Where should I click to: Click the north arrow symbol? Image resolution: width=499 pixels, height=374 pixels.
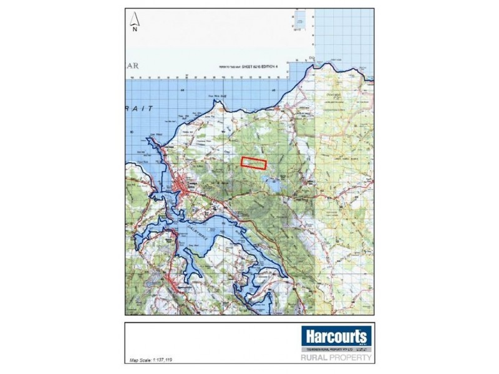pos(135,19)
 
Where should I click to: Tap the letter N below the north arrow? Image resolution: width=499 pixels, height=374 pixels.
pos(135,28)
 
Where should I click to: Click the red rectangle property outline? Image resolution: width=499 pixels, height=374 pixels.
pos(254,163)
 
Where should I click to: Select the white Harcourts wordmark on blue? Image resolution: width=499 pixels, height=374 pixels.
pos(337,337)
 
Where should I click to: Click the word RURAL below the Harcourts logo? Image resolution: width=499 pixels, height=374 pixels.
pos(316,358)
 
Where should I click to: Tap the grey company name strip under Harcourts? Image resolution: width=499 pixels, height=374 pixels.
pos(337,350)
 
